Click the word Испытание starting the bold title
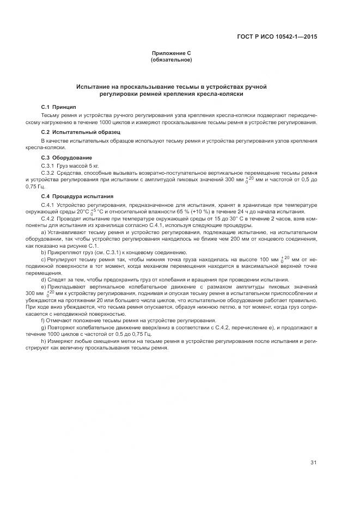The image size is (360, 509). [93, 87]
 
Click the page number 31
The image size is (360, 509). [313, 463]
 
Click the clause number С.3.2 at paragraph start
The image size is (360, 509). [50, 172]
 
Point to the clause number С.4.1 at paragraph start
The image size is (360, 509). [50, 204]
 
